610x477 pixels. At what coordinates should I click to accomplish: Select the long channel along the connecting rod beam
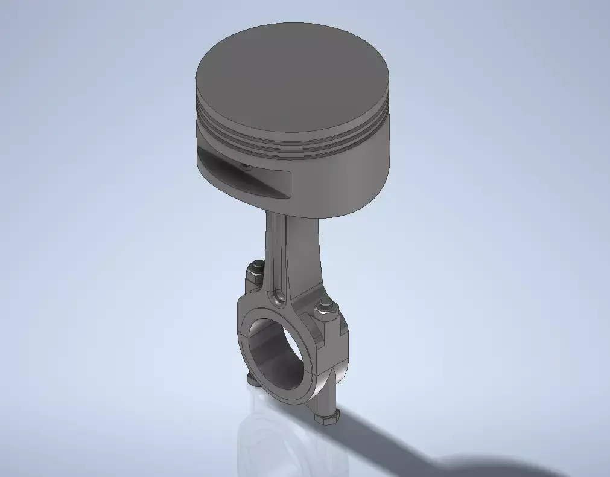click(278, 254)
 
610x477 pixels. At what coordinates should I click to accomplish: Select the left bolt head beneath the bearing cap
click(252, 378)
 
